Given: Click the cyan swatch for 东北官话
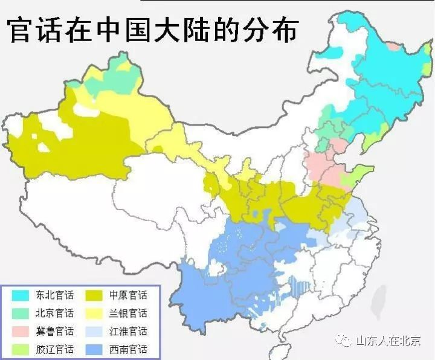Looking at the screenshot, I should (x=21, y=296).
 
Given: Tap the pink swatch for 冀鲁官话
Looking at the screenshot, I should (x=21, y=332).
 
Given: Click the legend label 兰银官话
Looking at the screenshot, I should (x=127, y=313).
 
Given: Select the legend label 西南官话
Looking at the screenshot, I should (x=127, y=350).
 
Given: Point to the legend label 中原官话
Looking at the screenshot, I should (x=127, y=296).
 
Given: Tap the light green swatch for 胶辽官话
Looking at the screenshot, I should (x=21, y=350).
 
